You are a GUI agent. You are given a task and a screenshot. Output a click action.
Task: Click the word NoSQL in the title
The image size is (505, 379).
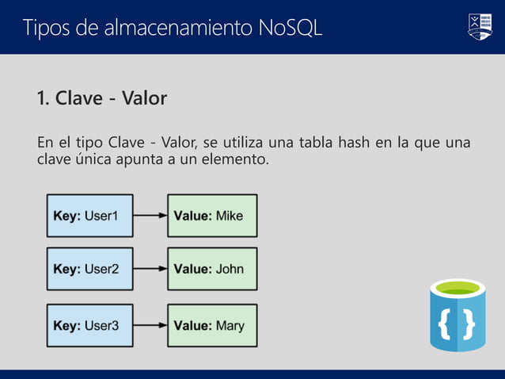click(290, 28)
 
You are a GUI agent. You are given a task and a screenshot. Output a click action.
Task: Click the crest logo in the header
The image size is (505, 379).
click(480, 26)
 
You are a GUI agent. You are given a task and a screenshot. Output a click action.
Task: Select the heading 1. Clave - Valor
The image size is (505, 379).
click(101, 98)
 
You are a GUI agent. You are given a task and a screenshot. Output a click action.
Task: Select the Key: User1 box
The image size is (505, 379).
click(89, 216)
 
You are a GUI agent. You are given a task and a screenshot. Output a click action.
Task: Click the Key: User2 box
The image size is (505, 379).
click(89, 269)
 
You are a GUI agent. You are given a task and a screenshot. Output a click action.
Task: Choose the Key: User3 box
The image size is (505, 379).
click(89, 325)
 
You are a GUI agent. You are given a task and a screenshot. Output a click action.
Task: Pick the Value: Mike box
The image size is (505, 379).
click(212, 216)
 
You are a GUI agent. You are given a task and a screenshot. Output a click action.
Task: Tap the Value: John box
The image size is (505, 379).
click(212, 269)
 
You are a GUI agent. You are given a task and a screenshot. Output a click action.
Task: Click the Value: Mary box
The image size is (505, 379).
click(212, 325)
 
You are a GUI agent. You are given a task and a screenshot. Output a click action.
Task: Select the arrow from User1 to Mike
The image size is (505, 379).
click(150, 216)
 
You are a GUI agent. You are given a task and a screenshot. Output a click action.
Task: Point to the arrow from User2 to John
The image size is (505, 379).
click(150, 269)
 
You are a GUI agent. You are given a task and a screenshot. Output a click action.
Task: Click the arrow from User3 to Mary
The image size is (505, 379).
click(150, 325)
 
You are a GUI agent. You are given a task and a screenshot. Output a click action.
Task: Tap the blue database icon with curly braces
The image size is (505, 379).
click(458, 321)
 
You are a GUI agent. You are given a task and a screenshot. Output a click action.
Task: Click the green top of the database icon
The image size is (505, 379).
click(458, 288)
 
